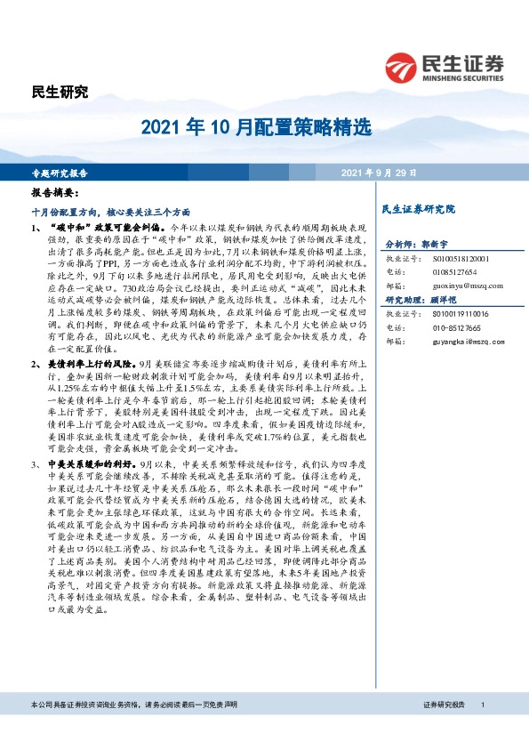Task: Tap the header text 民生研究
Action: click(x=60, y=93)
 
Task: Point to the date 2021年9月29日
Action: click(x=379, y=173)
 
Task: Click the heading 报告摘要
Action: click(x=55, y=193)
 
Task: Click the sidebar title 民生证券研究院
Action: click(x=417, y=210)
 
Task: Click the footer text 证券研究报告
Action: click(x=445, y=705)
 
